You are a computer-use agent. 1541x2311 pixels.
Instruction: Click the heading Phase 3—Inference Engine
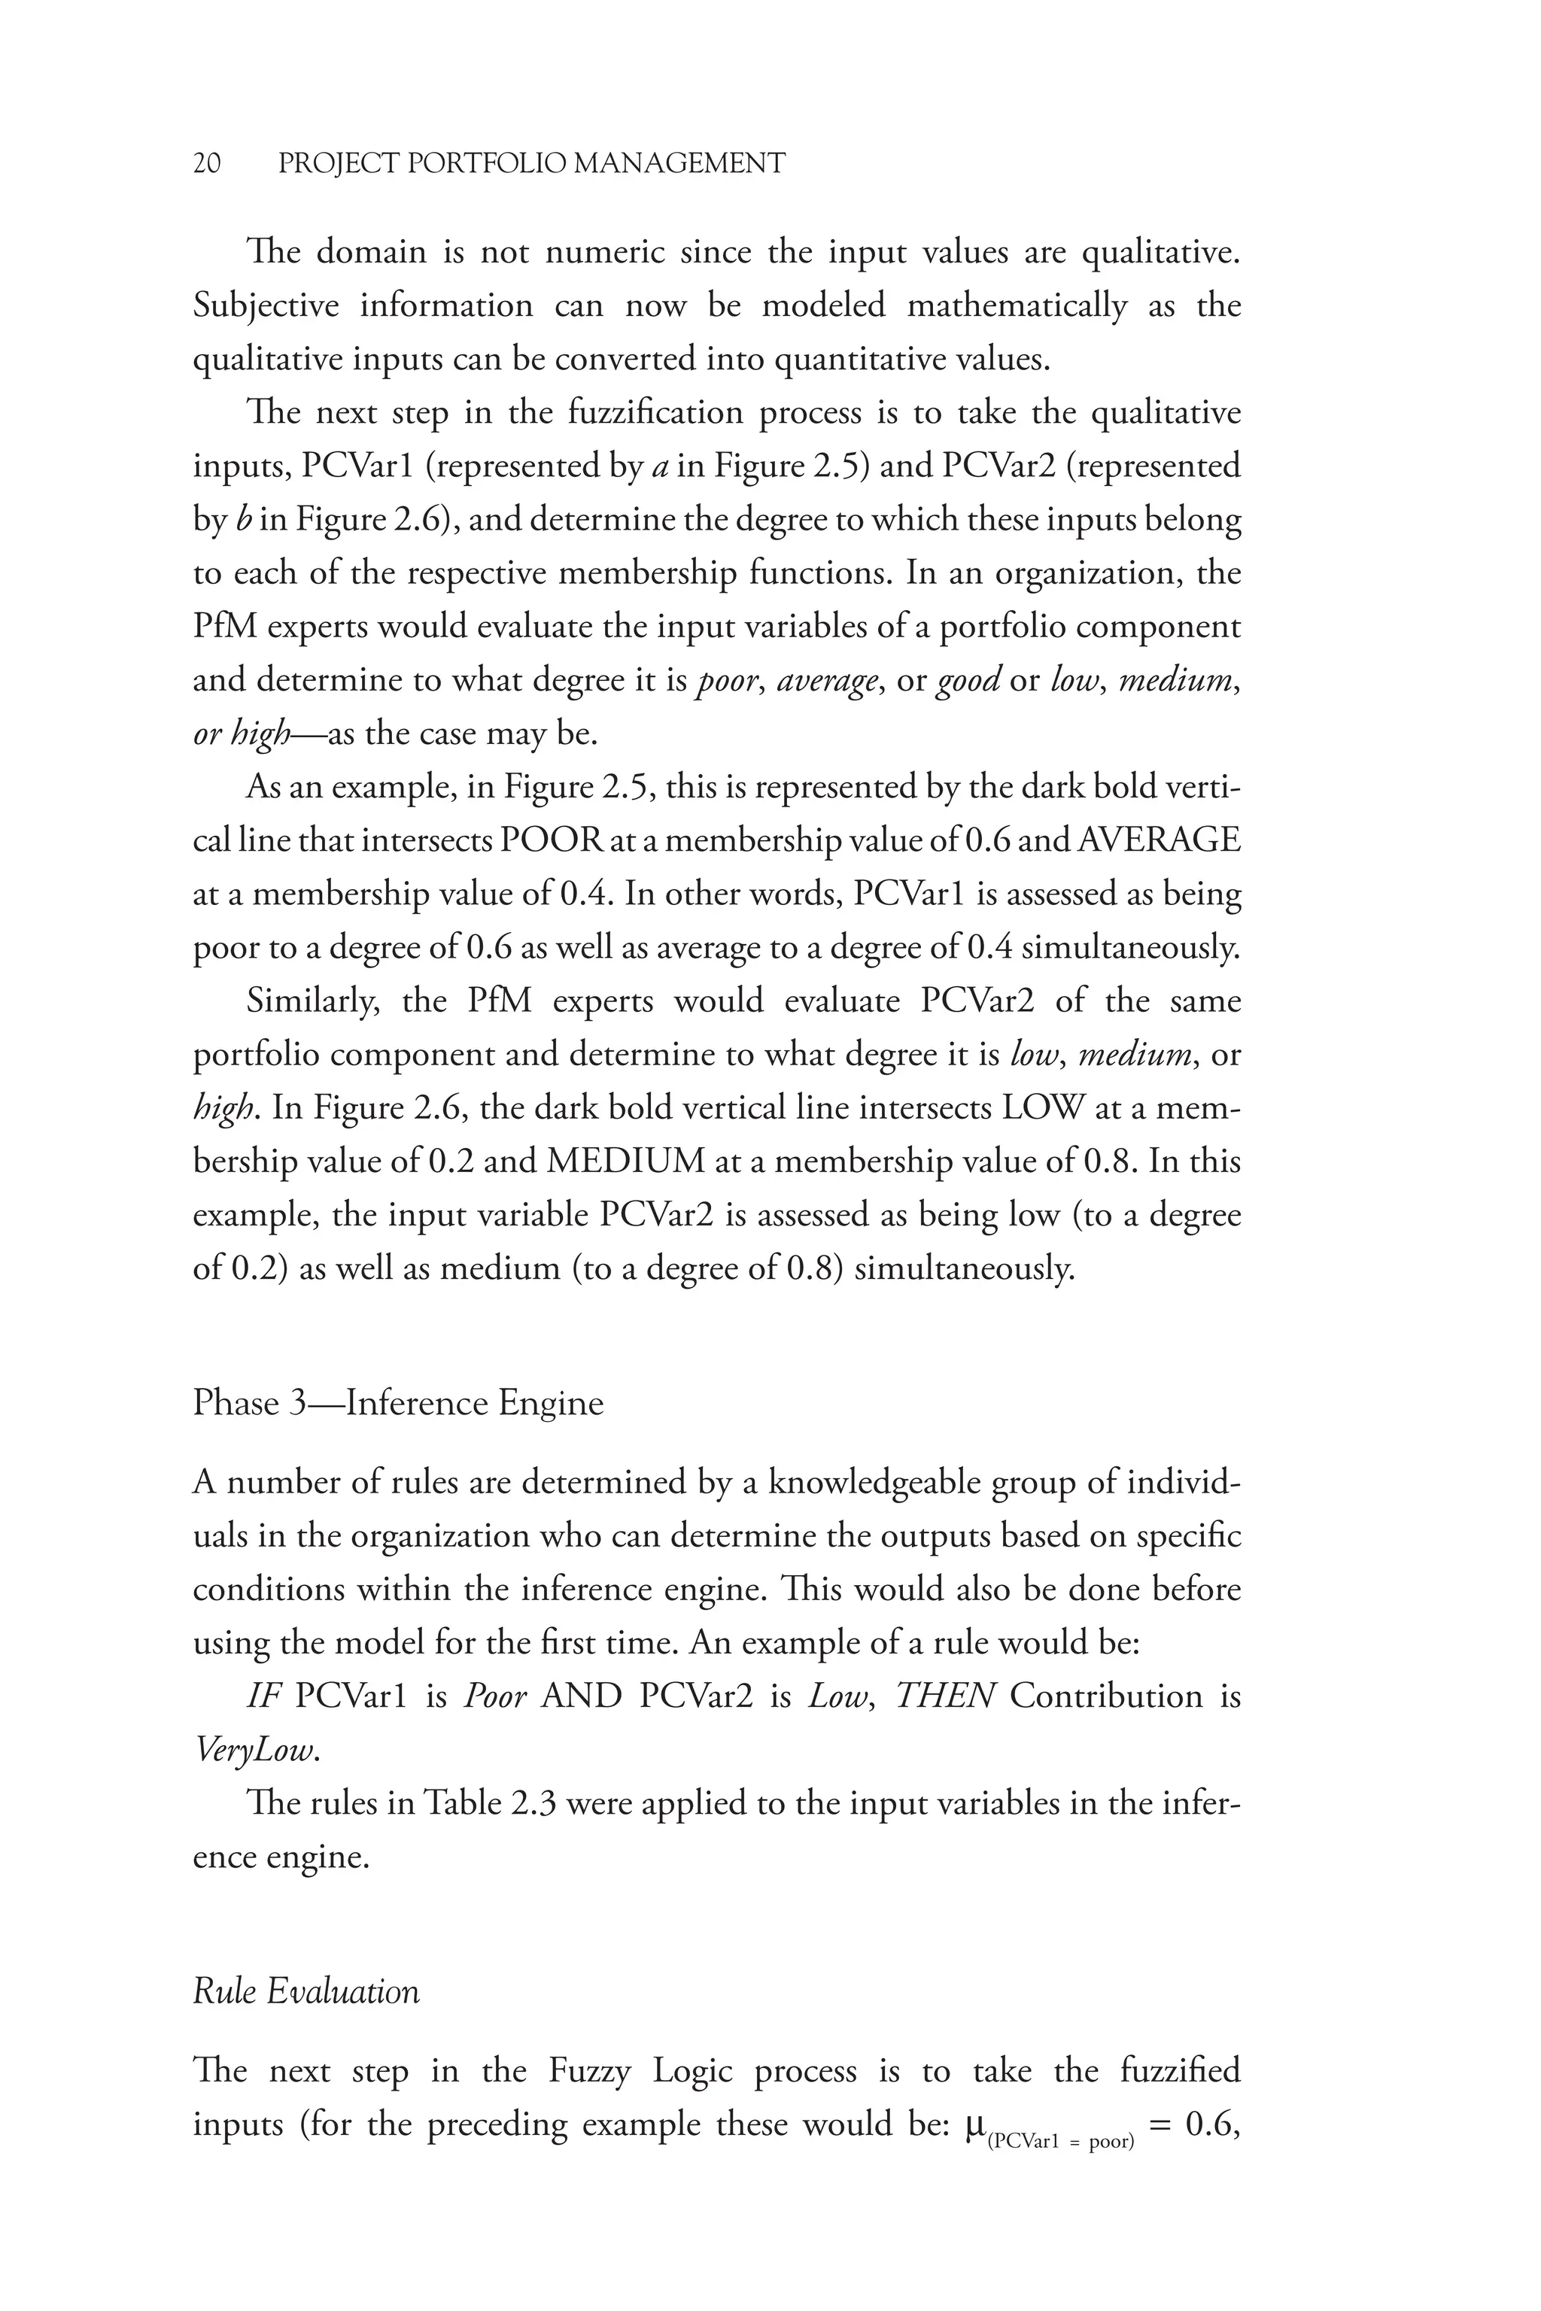pos(398,1402)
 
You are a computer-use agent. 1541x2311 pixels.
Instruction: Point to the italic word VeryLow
pos(257,1750)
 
